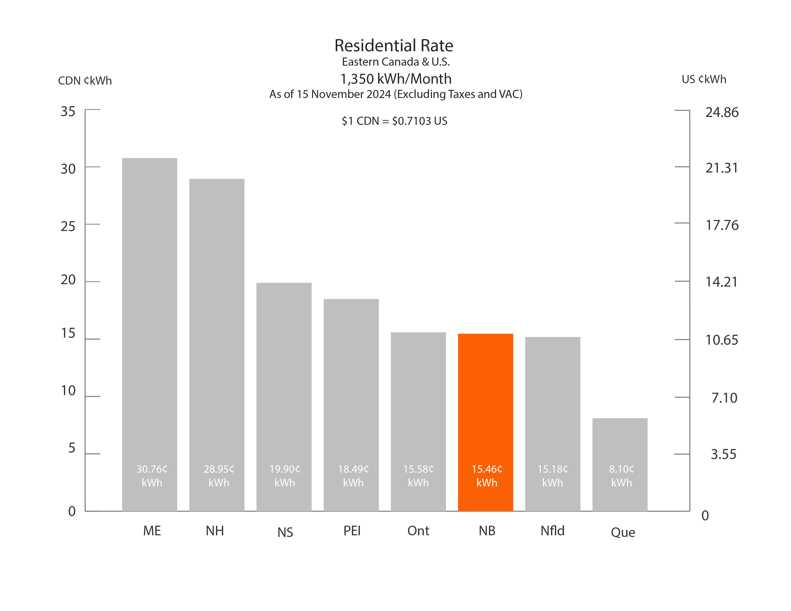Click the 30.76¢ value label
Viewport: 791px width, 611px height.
[x=152, y=469]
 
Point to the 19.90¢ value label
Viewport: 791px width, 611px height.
[x=285, y=469]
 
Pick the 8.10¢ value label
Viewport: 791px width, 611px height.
[x=622, y=469]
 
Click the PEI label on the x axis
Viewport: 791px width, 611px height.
[x=352, y=531]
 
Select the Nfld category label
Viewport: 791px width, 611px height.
[x=552, y=531]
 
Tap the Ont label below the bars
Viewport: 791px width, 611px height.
[x=418, y=531]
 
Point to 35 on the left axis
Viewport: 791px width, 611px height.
[x=68, y=111]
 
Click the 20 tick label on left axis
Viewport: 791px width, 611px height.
[x=68, y=280]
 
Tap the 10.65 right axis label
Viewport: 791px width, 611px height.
[x=721, y=340]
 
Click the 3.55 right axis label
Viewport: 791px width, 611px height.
[x=723, y=454]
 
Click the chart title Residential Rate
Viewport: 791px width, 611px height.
[x=394, y=46]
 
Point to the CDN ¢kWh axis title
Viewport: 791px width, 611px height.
[x=85, y=80]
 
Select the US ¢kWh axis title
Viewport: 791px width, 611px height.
[x=704, y=79]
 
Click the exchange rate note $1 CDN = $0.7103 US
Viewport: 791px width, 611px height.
[x=394, y=121]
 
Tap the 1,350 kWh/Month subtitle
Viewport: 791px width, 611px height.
[x=395, y=79]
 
